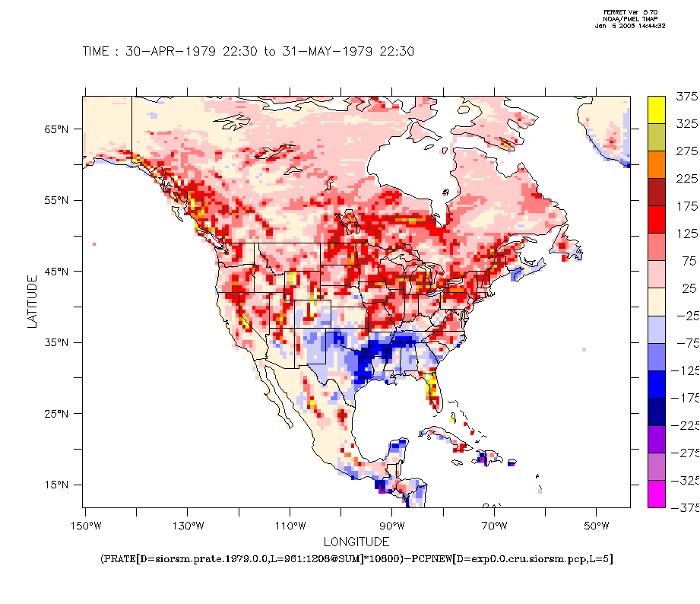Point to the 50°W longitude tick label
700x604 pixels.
pyautogui.click(x=597, y=526)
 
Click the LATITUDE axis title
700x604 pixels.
pyautogui.click(x=32, y=302)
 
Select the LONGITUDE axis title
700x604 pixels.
pyautogui.click(x=356, y=542)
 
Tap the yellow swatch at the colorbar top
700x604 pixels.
pyautogui.click(x=657, y=110)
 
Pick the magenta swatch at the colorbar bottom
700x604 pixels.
pyautogui.click(x=657, y=494)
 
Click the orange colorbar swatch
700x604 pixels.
pyautogui.click(x=657, y=164)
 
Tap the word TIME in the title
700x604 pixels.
pyautogui.click(x=97, y=52)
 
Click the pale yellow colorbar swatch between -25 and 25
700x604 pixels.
pyautogui.click(x=657, y=302)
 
